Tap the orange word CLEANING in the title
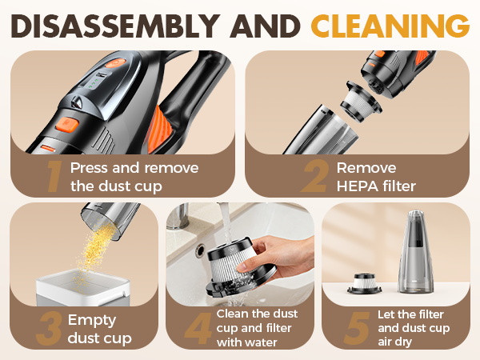click(x=390, y=26)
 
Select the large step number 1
click(x=53, y=176)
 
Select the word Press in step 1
click(x=90, y=168)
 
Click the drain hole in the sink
click(x=199, y=250)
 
